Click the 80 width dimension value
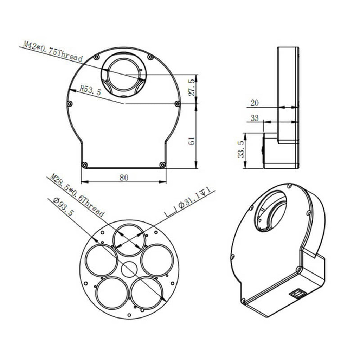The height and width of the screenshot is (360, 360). pos(123,177)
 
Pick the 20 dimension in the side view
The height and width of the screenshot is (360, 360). pos(255,103)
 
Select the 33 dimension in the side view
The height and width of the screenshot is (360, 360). pos(255,118)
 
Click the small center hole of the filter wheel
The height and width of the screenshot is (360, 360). pos(129,270)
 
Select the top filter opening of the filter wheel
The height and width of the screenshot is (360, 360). pos(129,240)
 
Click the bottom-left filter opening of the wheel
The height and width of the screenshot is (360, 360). pos(111,292)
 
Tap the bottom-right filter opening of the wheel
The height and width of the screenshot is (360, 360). pos(147,292)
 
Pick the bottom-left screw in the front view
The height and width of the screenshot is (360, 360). pos(84,165)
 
